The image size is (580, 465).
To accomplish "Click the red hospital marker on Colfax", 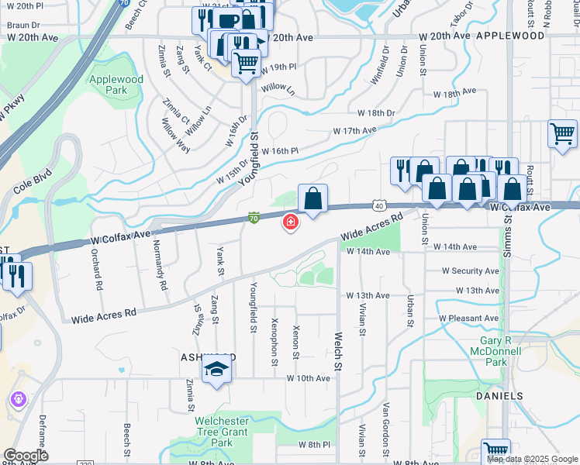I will (291, 223).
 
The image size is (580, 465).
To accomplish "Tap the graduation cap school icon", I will (218, 370).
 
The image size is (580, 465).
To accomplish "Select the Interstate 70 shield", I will (254, 219).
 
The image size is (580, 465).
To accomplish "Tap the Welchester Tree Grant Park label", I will (222, 432).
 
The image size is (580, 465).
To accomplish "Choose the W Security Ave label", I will (471, 271).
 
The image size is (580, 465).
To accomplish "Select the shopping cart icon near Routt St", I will (562, 133).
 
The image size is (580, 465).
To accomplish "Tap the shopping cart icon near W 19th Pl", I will (247, 63).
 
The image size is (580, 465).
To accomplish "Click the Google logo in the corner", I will (26, 456).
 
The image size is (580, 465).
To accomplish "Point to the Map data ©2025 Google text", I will (533, 459).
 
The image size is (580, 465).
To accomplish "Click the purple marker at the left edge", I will (19, 400).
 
